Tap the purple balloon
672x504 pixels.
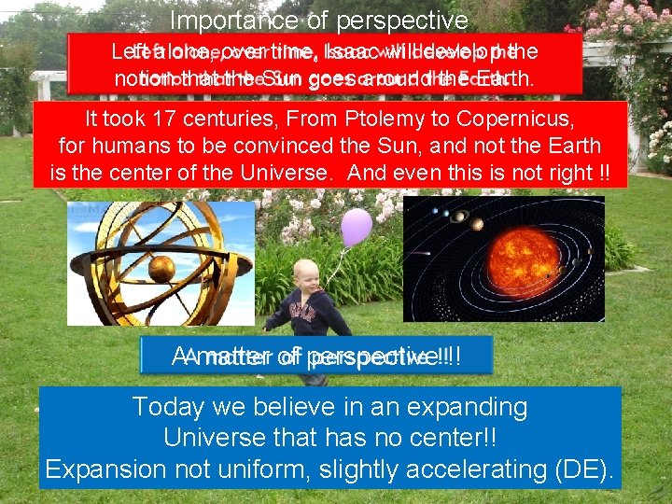coord(356,227)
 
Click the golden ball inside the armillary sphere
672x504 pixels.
coord(161,269)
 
